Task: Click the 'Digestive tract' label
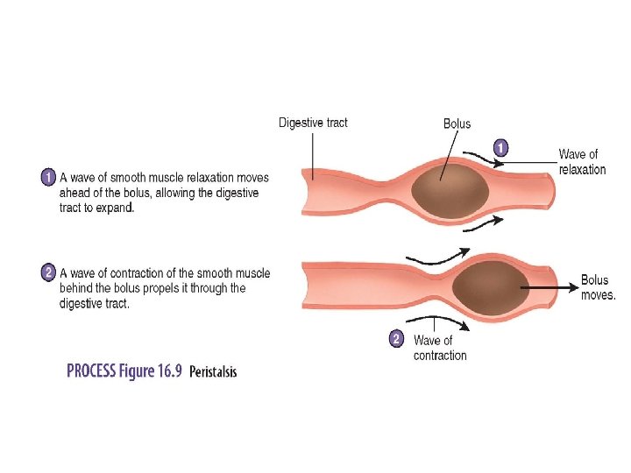point(313,123)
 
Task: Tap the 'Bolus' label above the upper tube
point(457,124)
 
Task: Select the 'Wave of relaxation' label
point(581,162)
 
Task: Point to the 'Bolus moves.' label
point(598,287)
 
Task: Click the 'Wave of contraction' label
point(439,348)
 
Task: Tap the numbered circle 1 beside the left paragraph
point(50,178)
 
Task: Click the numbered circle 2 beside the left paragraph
point(50,272)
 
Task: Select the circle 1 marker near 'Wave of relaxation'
point(500,148)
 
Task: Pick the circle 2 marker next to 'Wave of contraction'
point(396,338)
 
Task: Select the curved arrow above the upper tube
point(481,159)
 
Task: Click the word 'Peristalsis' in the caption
point(213,371)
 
